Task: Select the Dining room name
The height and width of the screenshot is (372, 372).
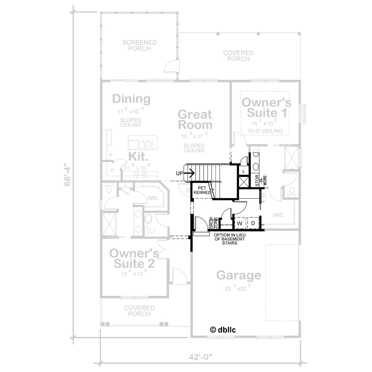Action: tap(131, 99)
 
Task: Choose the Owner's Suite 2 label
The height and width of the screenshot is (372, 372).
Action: tap(134, 258)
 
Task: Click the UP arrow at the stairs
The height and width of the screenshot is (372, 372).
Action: tap(189, 173)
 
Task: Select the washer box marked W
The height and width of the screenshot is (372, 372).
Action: tap(240, 223)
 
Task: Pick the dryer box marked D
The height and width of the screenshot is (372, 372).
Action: tap(253, 223)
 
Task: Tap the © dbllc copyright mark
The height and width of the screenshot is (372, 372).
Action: tap(223, 330)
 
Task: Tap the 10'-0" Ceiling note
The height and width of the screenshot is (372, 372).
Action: tap(265, 131)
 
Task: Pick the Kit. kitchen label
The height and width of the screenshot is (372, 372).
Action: tap(138, 156)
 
